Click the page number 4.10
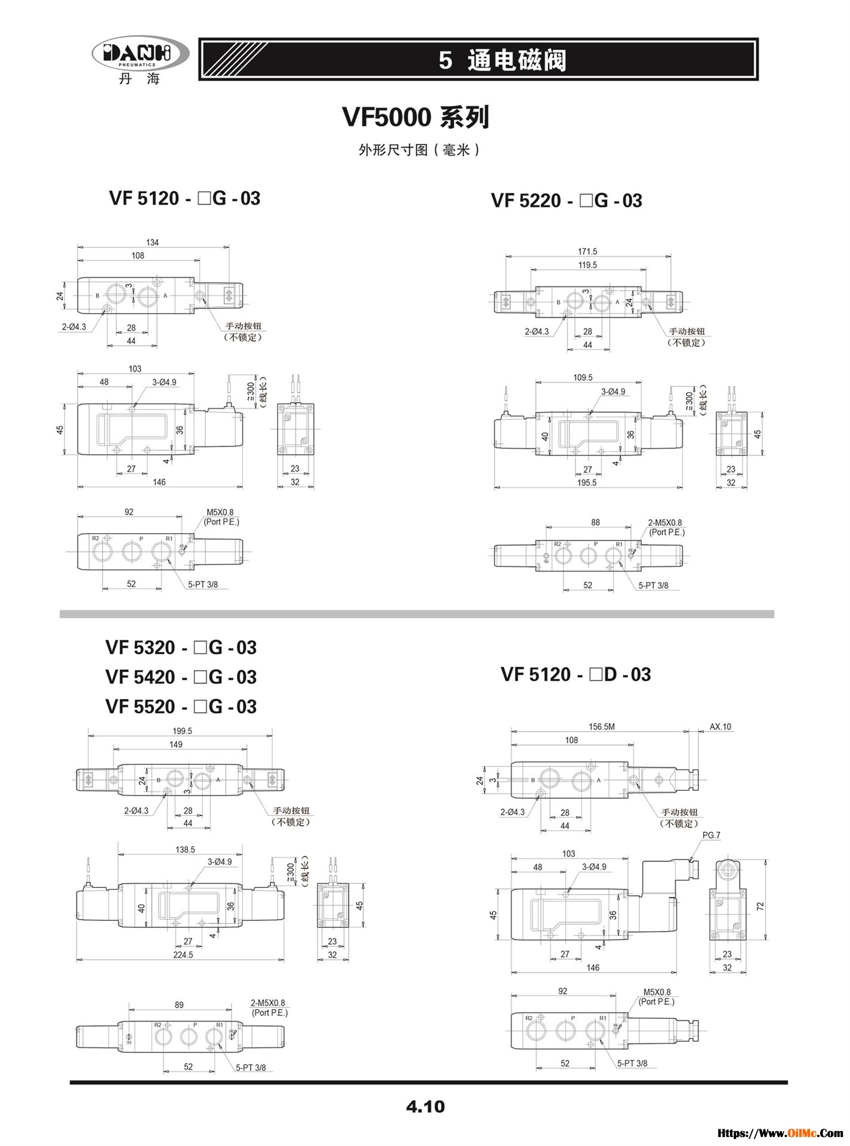425,1107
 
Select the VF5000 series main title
415,117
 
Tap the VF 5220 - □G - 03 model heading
566,201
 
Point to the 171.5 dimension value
587,252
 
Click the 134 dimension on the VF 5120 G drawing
152,242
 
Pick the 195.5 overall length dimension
587,482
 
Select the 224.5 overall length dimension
183,954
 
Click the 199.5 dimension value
182,731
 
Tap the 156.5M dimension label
601,726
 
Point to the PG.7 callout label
711,835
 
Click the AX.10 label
720,726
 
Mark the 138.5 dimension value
185,849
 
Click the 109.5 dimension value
583,377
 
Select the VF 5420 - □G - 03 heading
181,677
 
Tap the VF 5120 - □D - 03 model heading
575,674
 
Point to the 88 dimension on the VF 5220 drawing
595,522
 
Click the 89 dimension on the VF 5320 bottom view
179,1005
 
